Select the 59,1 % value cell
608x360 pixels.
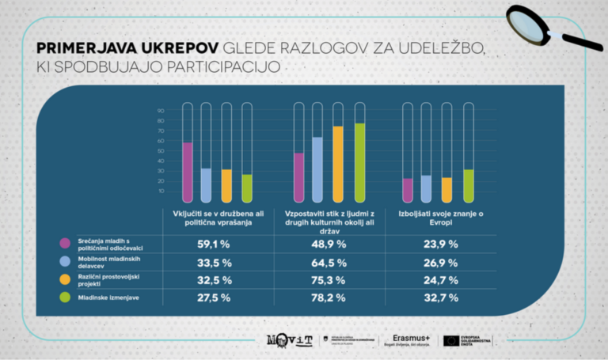pyautogui.click(x=213, y=244)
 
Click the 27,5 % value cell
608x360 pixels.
pyautogui.click(x=213, y=298)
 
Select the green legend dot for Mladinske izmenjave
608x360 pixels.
pyautogui.click(x=65, y=298)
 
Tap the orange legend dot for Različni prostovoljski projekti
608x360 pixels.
pyautogui.click(x=65, y=280)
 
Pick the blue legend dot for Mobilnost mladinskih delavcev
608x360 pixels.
pyautogui.click(x=65, y=263)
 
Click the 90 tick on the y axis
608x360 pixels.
pyautogui.click(x=161, y=111)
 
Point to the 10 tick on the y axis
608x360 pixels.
pyautogui.click(x=161, y=191)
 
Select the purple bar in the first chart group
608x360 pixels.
pyautogui.click(x=188, y=171)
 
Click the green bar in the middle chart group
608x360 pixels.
pyautogui.click(x=360, y=162)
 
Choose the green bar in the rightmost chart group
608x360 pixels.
pyautogui.click(x=469, y=185)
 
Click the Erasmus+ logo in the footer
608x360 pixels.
pyautogui.click(x=407, y=339)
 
